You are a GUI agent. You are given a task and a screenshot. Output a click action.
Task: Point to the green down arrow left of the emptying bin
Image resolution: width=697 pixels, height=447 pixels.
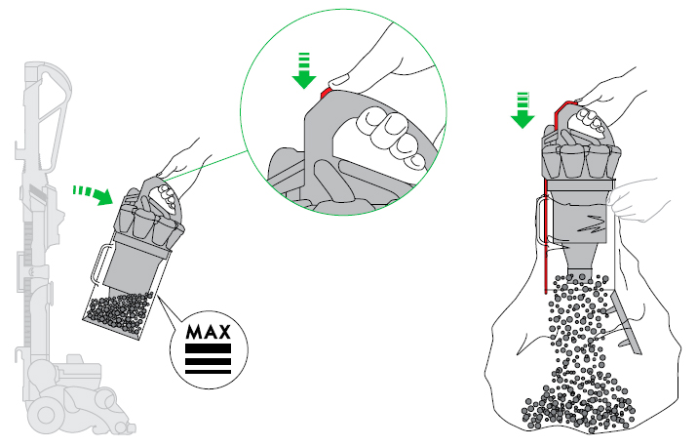[523, 108]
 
